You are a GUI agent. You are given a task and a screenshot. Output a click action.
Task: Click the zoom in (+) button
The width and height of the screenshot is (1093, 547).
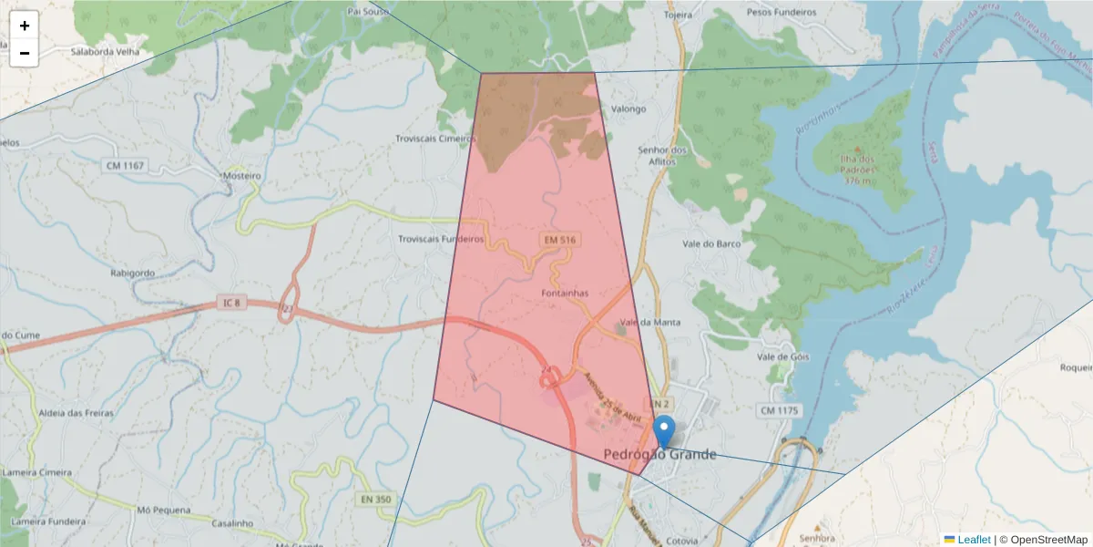(x=25, y=26)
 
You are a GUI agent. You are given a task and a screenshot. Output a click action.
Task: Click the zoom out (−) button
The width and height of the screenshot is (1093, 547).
(x=25, y=53)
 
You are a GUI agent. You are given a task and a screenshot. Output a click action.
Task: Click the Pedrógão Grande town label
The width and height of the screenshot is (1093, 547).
(x=659, y=455)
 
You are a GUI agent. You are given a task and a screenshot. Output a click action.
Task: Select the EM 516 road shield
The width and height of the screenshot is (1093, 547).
(x=560, y=239)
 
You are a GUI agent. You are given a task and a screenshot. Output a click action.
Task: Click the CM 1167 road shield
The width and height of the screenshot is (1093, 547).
(x=125, y=166)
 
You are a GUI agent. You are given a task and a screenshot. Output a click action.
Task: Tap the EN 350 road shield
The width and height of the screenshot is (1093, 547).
(x=375, y=500)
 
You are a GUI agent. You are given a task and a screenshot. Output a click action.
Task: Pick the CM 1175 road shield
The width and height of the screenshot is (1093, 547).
(x=778, y=411)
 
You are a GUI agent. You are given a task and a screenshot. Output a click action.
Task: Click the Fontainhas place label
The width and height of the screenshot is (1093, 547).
(x=565, y=293)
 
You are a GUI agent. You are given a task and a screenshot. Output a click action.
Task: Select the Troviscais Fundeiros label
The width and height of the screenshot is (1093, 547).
(x=441, y=239)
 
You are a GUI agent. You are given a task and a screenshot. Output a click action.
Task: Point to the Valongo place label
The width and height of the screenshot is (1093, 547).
(x=628, y=109)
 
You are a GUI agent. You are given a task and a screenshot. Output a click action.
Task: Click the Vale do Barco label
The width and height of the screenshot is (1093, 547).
(x=711, y=243)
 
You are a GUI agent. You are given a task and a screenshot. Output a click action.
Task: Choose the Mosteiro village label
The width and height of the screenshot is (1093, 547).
(x=242, y=175)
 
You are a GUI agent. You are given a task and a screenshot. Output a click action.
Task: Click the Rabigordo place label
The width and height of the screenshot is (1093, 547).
(x=132, y=273)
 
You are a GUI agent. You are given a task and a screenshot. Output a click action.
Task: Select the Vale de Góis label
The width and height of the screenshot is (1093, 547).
(x=782, y=356)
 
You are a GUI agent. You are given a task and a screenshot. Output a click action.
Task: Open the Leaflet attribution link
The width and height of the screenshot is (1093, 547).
(x=974, y=540)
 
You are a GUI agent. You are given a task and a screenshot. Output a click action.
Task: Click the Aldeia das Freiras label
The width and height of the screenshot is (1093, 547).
(x=77, y=413)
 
